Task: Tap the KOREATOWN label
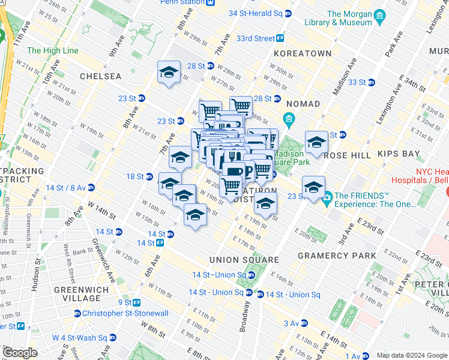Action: coord(303,53)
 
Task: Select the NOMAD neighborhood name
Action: coord(303,104)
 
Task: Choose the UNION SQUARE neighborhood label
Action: coord(244,260)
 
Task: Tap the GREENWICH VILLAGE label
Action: coord(77,294)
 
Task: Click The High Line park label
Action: coord(52,50)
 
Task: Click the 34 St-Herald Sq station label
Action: coord(256,13)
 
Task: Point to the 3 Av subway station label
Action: coord(292,323)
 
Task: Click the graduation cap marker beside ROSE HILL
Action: coord(316,143)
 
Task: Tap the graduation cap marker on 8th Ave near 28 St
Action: coord(169,73)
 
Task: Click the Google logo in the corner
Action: coord(20,353)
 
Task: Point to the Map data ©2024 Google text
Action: coord(411,355)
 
